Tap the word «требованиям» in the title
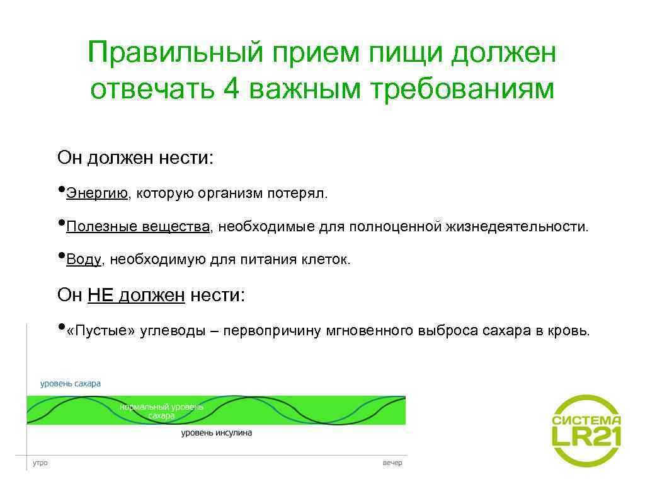tap(464, 89)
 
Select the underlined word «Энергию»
tap(97, 193)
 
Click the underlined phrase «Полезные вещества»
tap(138, 226)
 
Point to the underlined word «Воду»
tap(83, 260)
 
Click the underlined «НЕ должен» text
tap(136, 294)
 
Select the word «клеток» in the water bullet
tap(327, 260)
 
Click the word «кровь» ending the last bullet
tap(569, 331)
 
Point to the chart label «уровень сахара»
tap(70, 383)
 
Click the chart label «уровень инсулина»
tap(216, 433)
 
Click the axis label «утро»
tap(39, 463)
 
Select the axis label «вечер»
tap(392, 463)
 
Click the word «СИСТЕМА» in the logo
tap(586, 420)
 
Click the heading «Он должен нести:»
tap(135, 157)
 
